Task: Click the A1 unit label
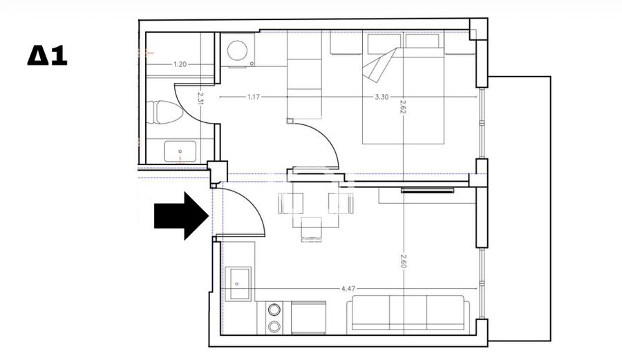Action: click(x=47, y=55)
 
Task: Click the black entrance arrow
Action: click(x=181, y=216)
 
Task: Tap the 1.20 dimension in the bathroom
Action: click(x=180, y=64)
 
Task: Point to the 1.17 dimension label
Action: click(x=253, y=96)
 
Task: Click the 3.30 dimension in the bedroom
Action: click(x=381, y=96)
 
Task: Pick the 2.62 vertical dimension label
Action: click(x=403, y=106)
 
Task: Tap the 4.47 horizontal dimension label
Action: click(x=348, y=289)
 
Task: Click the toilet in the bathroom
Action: click(x=164, y=112)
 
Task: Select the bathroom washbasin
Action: click(x=180, y=151)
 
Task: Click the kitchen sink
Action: click(x=238, y=284)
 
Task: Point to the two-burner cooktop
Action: click(x=274, y=318)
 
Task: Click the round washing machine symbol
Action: click(x=238, y=50)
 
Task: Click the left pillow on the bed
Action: click(x=384, y=44)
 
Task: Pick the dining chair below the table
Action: click(x=311, y=229)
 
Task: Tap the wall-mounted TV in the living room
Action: click(x=428, y=190)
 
